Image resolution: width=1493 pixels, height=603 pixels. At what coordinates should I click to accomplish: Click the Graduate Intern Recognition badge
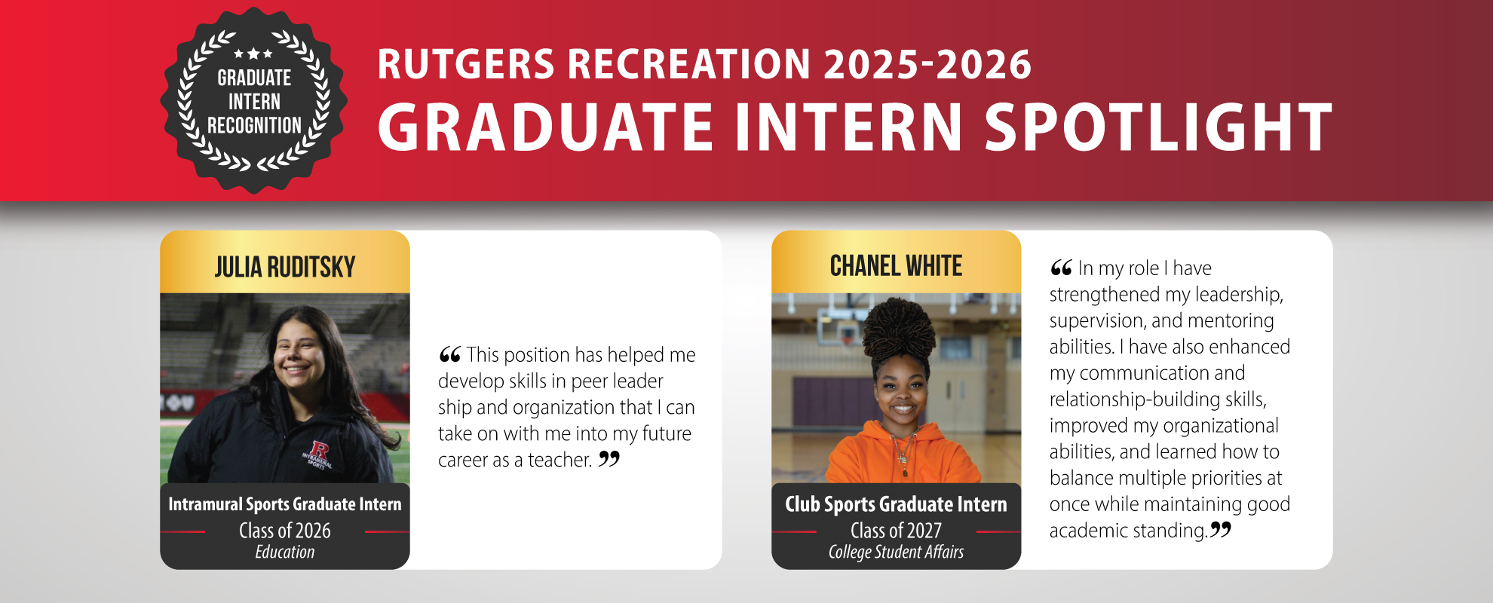point(254,100)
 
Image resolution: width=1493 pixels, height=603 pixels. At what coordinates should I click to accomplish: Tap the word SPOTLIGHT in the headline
point(1158,127)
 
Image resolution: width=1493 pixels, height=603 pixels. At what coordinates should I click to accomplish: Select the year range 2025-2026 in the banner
point(927,64)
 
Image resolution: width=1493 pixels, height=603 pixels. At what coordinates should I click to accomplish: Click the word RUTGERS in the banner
point(466,64)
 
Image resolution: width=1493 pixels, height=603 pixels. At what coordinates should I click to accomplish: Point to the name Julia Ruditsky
point(285,267)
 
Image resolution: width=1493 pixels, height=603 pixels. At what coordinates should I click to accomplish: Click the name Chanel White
point(896,266)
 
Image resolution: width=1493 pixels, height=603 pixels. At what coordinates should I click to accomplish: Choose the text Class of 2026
point(285,531)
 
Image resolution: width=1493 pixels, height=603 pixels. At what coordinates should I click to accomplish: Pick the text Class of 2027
point(896,531)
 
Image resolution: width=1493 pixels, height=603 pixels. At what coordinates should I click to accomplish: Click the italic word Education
point(285,552)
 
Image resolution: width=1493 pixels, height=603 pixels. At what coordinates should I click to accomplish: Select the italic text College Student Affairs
point(896,552)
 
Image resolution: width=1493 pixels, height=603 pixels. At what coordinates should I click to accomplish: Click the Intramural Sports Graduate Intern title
point(285,504)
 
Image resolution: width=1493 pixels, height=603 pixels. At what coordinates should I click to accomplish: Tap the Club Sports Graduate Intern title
point(896,504)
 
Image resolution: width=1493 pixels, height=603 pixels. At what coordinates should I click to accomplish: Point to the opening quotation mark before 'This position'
point(449,354)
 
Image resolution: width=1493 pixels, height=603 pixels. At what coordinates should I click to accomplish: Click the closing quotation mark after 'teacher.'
point(609,458)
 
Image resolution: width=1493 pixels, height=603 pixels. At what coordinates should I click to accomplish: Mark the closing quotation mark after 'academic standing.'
point(1221,529)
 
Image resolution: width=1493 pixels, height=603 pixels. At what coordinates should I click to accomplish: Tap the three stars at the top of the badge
point(253,54)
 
